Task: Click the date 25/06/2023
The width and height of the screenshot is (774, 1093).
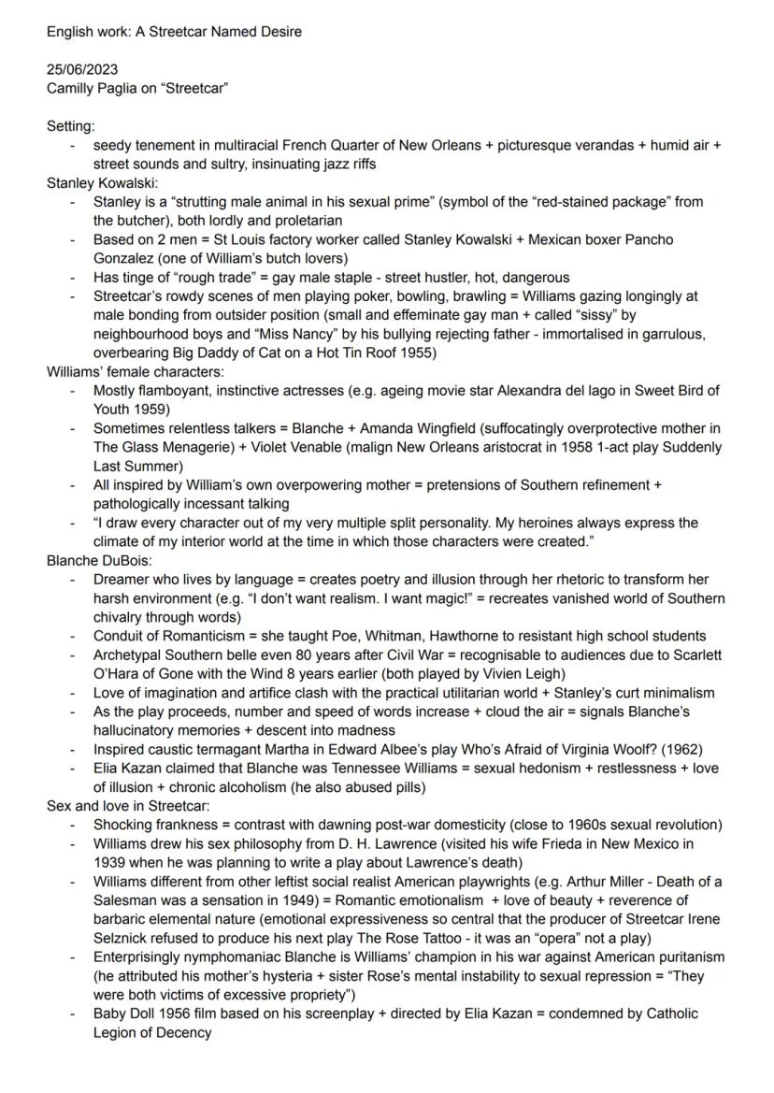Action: tap(82, 71)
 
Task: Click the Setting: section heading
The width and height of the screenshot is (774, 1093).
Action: tap(71, 126)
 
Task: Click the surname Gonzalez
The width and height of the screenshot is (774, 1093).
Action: tap(124, 258)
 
